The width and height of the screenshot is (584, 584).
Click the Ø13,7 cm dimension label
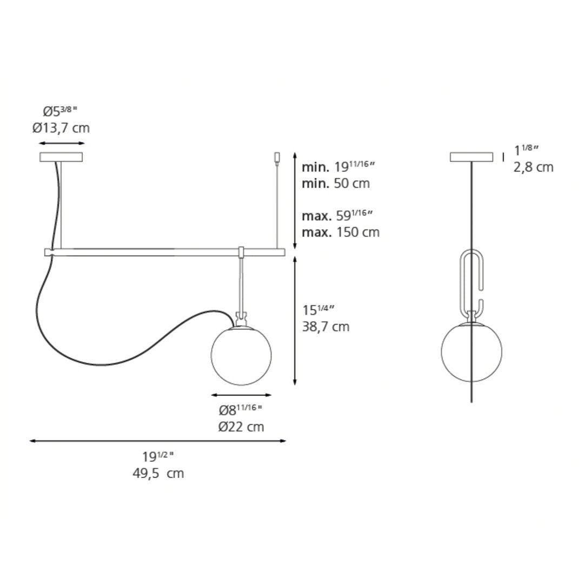coord(61,128)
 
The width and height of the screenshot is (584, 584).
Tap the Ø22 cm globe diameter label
coord(241,427)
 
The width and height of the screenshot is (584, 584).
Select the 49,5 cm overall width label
coord(158,473)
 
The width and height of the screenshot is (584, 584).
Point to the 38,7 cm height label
coord(326,327)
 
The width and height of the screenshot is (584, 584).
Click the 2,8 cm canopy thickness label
coord(533,167)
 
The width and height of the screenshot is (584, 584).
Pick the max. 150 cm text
coord(341,232)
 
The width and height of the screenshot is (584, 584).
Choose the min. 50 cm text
coord(336,183)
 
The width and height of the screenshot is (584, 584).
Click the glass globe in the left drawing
coord(241,355)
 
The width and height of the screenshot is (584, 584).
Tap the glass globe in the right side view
coord(472,353)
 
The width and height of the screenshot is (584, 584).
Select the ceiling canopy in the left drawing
coord(61,157)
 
